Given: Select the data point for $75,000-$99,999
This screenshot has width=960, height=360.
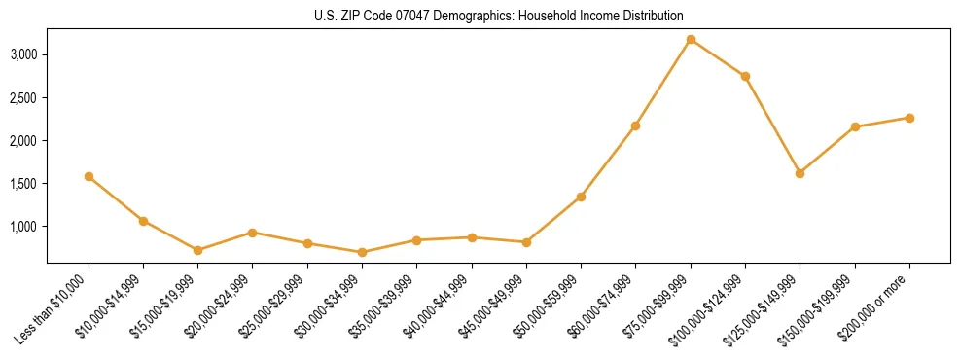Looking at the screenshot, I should [x=691, y=39].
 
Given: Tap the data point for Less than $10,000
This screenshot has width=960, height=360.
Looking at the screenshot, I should [x=89, y=176].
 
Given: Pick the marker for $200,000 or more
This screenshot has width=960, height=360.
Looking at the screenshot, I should [x=909, y=118].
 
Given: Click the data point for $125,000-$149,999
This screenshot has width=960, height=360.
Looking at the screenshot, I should [x=800, y=173].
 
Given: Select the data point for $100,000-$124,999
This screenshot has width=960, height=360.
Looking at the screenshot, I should [x=745, y=76].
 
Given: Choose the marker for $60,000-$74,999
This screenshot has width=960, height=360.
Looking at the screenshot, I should [x=635, y=126].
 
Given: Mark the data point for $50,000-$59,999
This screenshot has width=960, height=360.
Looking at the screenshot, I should [x=581, y=197].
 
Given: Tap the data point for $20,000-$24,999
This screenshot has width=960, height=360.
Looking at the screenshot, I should [x=253, y=233].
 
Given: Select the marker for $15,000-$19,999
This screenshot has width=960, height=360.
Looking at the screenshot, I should [x=198, y=250].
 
